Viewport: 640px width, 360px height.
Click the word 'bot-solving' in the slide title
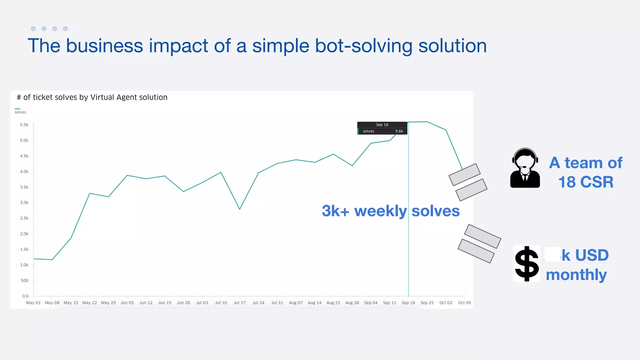click(x=364, y=46)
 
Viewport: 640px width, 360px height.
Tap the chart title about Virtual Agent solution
click(x=92, y=97)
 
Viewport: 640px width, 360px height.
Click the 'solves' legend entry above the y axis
click(x=20, y=112)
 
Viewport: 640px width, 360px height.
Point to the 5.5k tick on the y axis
click(x=24, y=125)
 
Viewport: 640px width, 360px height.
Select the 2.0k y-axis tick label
click(x=24, y=234)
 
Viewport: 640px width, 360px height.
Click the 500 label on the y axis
click(x=24, y=280)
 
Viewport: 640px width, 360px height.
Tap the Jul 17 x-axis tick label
click(x=239, y=302)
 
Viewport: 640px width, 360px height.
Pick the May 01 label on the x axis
click(x=33, y=302)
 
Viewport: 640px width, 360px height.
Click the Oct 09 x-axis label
click(x=464, y=302)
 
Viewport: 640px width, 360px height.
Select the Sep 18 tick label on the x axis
click(x=408, y=302)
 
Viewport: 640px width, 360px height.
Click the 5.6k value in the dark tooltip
click(x=399, y=131)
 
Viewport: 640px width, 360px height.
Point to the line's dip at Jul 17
click(x=240, y=209)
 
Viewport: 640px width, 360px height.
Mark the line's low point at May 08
click(x=52, y=259)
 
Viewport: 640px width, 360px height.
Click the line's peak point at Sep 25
click(x=427, y=122)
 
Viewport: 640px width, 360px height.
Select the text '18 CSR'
click(x=586, y=182)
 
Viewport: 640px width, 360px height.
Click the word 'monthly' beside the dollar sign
click(x=576, y=275)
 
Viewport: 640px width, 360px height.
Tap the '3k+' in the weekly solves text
click(x=335, y=211)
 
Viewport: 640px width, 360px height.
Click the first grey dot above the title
click(x=33, y=29)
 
